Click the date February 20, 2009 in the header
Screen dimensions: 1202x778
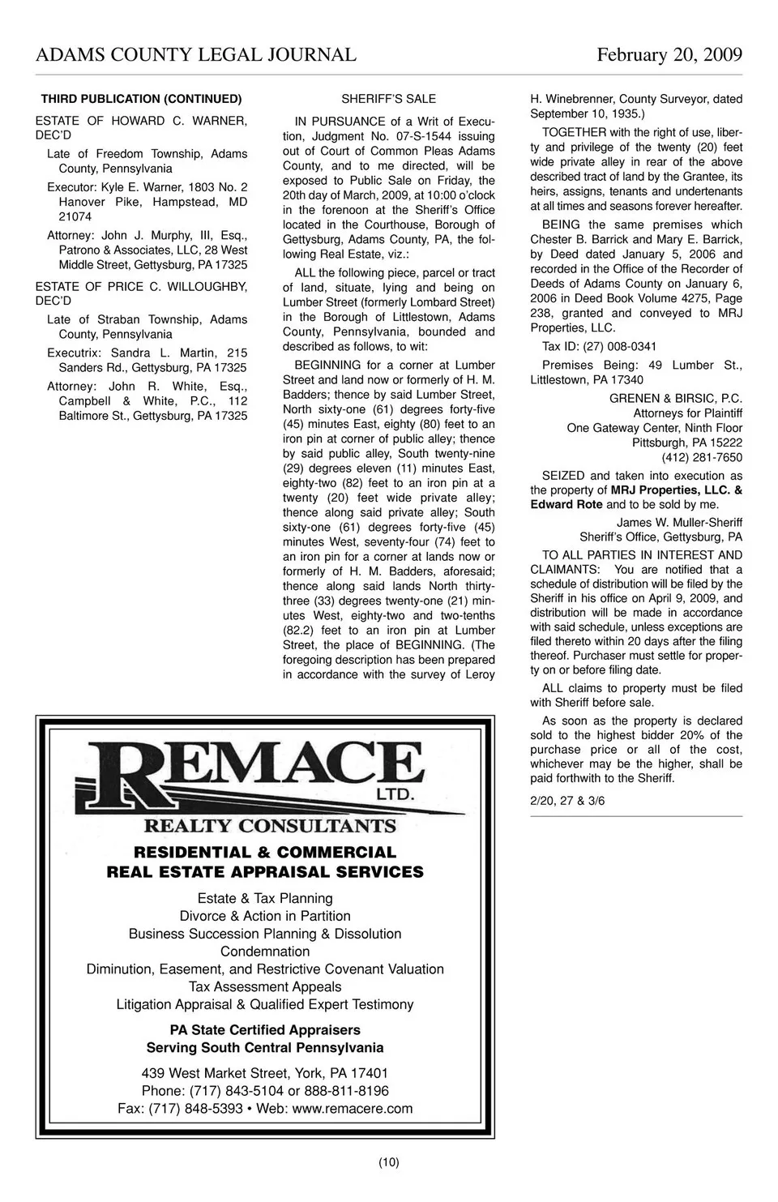pyautogui.click(x=669, y=55)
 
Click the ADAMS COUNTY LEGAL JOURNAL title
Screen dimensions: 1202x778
pyautogui.click(x=196, y=55)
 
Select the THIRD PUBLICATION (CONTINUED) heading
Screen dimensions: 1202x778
pyautogui.click(x=141, y=99)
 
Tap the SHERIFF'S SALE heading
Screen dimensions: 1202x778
pyautogui.click(x=388, y=99)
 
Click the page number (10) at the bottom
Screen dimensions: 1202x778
pyautogui.click(x=388, y=1162)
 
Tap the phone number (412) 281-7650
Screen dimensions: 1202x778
pyautogui.click(x=702, y=458)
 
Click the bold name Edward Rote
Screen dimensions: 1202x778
pyautogui.click(x=566, y=504)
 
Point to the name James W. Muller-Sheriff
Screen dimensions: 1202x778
pyautogui.click(x=679, y=522)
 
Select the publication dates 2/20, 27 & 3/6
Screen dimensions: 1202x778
pyautogui.click(x=567, y=801)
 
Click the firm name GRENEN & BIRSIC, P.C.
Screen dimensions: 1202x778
pyautogui.click(x=675, y=399)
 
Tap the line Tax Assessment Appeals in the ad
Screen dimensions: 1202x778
pyautogui.click(x=265, y=986)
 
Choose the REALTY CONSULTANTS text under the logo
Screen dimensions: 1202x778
pyautogui.click(x=270, y=826)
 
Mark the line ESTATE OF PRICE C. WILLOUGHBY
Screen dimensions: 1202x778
pyautogui.click(x=142, y=287)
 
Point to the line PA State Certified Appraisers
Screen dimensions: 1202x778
pyautogui.click(x=265, y=1029)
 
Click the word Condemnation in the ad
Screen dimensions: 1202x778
pyautogui.click(x=265, y=952)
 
